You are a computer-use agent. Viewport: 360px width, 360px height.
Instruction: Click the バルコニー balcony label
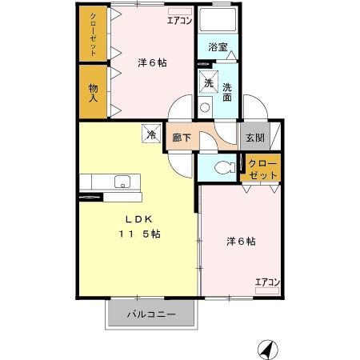click(151, 314)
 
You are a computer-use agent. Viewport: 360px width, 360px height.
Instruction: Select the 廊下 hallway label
click(182, 137)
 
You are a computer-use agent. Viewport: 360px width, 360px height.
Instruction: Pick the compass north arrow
click(266, 348)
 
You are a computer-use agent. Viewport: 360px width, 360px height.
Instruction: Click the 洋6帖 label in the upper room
click(152, 62)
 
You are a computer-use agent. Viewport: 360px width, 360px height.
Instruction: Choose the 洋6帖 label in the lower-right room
click(240, 240)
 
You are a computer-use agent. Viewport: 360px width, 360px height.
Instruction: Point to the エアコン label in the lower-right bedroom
click(266, 281)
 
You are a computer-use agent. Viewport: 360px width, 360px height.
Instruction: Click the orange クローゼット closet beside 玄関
click(262, 169)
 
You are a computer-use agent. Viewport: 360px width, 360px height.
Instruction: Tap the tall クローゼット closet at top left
click(93, 34)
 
